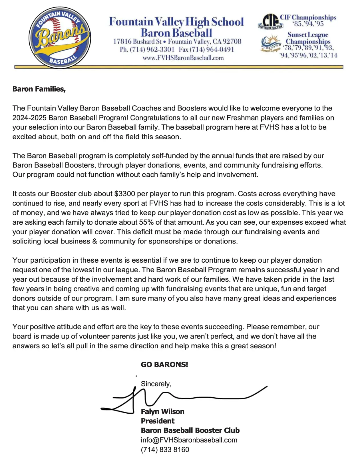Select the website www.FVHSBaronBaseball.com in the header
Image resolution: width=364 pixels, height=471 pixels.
tap(183, 58)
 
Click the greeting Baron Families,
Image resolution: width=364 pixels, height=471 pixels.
tap(39, 89)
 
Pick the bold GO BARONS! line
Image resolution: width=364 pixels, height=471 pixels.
tap(164, 365)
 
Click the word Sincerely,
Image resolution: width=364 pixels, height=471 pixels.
tap(156, 384)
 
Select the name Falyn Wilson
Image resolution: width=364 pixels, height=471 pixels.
tap(162, 412)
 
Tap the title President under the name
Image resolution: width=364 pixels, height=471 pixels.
tap(158, 421)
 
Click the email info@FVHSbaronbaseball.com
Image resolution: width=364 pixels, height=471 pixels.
tap(189, 440)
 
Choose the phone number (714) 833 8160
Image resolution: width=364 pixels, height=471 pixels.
tap(165, 450)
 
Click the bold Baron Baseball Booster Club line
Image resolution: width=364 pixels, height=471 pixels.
tap(190, 430)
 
